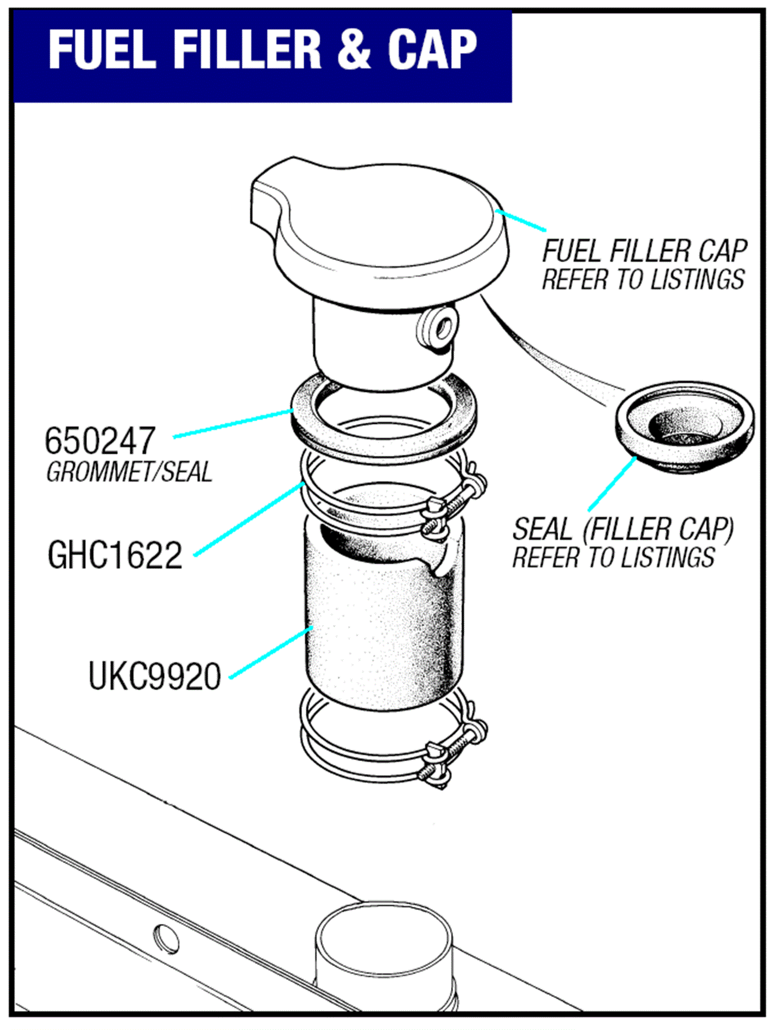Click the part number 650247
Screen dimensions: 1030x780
coord(100,440)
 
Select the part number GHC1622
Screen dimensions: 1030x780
coord(115,555)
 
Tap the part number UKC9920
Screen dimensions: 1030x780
coord(154,676)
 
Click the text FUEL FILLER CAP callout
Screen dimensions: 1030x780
coord(644,251)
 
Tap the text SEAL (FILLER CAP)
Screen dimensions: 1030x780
coord(622,529)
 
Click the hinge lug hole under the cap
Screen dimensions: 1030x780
coord(442,327)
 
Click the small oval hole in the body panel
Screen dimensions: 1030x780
coord(166,939)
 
